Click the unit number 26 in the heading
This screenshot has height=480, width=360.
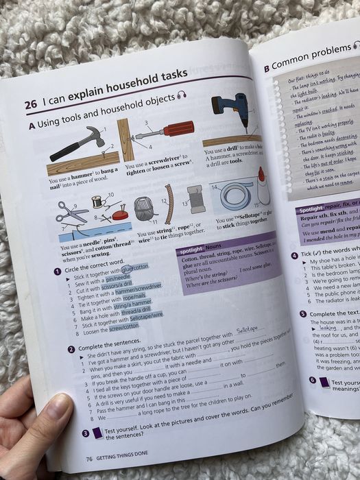coord(31,105)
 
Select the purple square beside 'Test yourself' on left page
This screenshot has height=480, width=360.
coord(97,433)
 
